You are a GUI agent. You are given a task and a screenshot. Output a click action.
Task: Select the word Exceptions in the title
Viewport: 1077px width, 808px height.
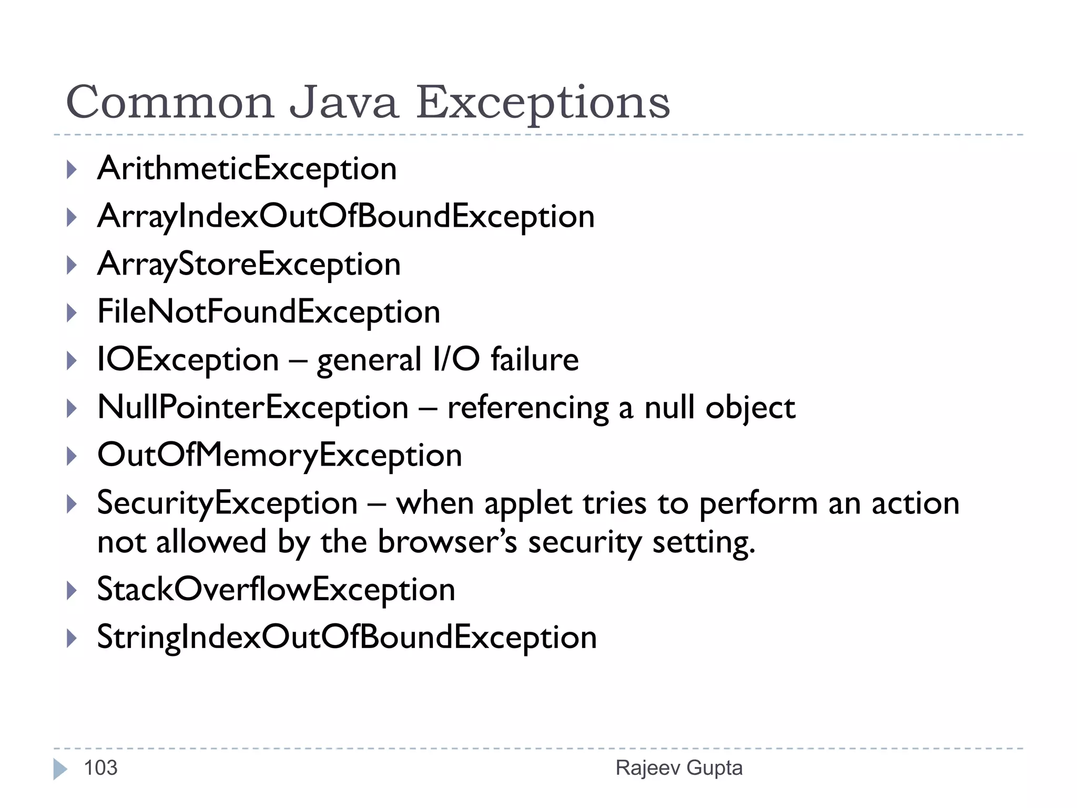click(x=543, y=104)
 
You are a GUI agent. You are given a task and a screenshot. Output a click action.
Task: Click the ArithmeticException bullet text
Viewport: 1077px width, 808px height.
click(x=247, y=169)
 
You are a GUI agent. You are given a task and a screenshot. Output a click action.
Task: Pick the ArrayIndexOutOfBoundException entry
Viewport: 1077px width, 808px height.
click(x=346, y=217)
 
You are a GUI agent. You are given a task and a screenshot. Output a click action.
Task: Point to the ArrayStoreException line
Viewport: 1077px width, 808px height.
click(x=249, y=265)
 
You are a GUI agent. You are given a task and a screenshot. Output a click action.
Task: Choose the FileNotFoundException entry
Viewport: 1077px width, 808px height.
click(x=269, y=312)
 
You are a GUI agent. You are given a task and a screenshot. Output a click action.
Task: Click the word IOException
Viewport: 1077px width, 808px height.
click(x=188, y=360)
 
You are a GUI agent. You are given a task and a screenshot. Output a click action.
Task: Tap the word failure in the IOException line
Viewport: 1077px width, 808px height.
click(x=534, y=360)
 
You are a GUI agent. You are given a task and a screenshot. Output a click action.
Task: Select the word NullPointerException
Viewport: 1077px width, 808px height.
click(x=253, y=408)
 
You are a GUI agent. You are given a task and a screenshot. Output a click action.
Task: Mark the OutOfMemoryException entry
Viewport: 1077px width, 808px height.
click(x=280, y=456)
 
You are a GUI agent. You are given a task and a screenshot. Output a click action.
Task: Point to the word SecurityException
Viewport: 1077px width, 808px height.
click(x=227, y=504)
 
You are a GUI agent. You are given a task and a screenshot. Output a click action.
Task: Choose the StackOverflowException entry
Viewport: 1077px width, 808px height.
click(x=276, y=590)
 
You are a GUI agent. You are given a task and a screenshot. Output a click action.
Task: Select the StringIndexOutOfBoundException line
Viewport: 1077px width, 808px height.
click(x=347, y=638)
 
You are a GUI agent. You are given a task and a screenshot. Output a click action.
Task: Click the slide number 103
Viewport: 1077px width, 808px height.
click(x=100, y=768)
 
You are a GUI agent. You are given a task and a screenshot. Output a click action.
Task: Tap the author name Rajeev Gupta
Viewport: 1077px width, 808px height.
click(x=679, y=768)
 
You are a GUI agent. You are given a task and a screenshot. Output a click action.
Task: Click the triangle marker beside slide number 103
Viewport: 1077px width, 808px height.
click(x=60, y=769)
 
